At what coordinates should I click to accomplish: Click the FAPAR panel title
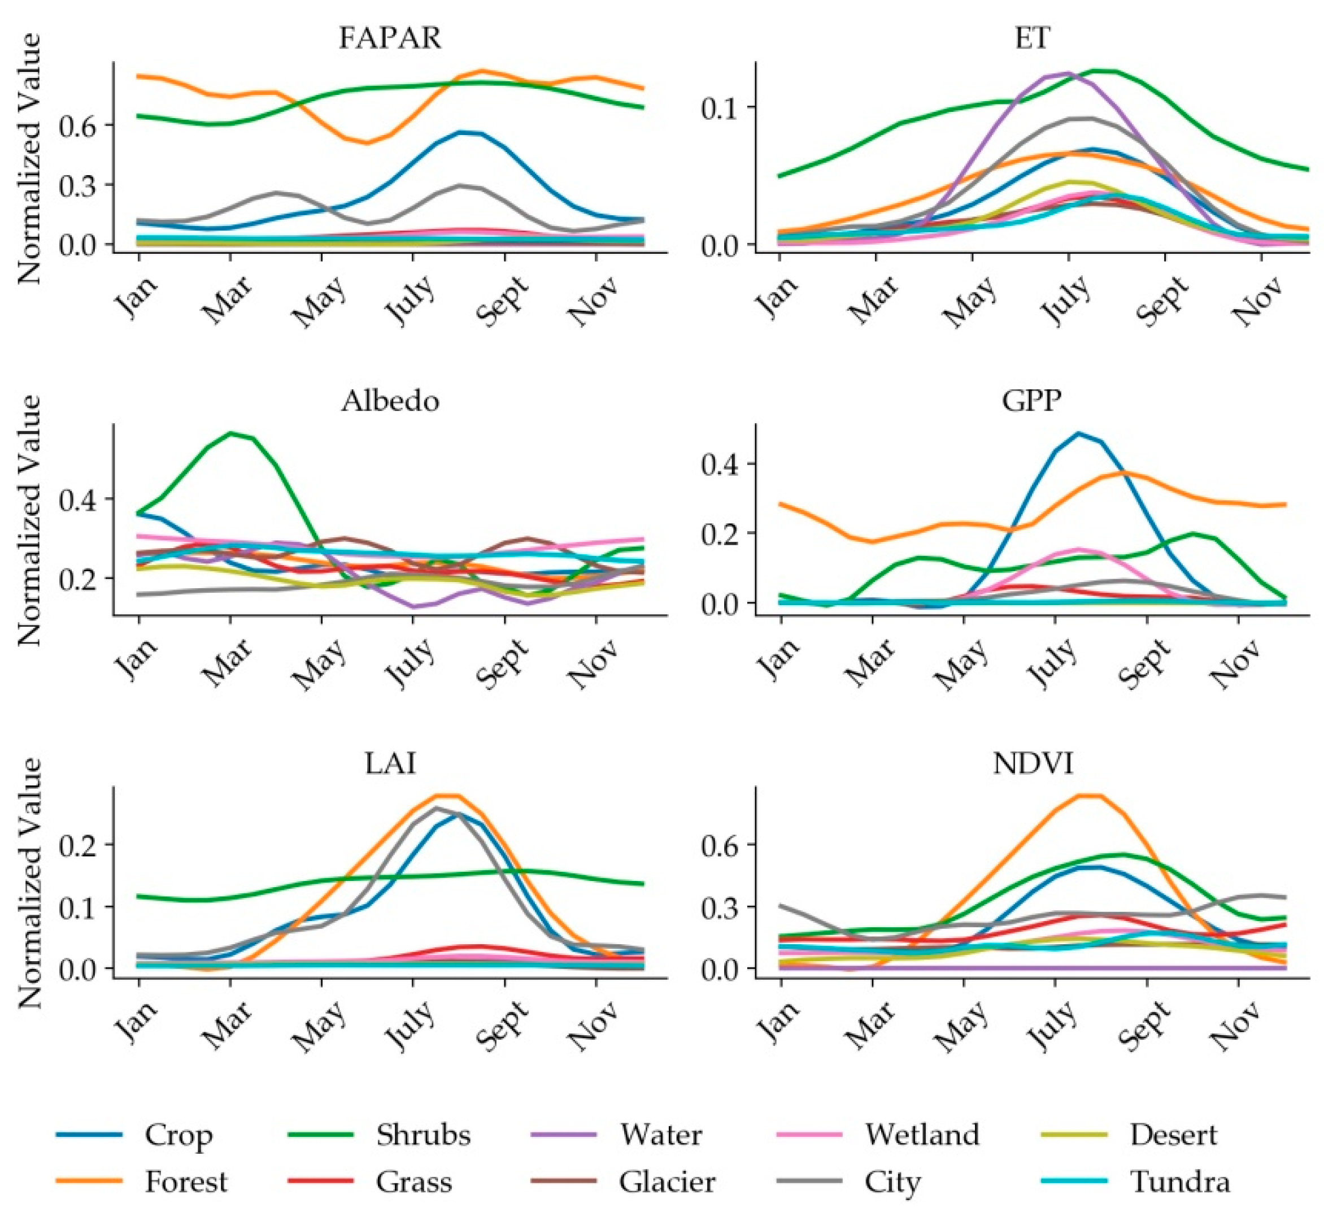390,38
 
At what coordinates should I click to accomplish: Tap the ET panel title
1032,38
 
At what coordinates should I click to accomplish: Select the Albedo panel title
390,401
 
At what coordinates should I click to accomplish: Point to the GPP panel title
1032,401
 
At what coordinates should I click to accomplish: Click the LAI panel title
390,764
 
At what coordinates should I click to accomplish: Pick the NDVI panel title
1032,764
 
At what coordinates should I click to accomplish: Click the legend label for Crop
178,1135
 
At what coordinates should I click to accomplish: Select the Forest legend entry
186,1182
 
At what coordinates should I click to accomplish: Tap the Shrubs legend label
424,1135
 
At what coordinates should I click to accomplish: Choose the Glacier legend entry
667,1182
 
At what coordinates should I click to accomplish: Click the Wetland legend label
922,1135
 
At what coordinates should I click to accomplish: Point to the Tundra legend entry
1180,1182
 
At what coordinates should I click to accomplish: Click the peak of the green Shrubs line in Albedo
231,433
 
